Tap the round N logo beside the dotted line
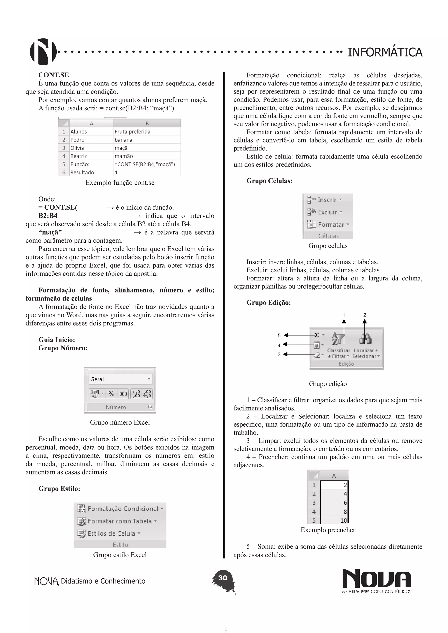pyautogui.click(x=43, y=52)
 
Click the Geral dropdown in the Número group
pyautogui.click(x=120, y=379)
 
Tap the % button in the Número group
pyautogui.click(x=111, y=394)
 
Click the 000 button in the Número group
pyautogui.click(x=123, y=394)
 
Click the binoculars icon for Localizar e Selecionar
pyautogui.click(x=365, y=339)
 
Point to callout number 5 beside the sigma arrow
pyautogui.click(x=279, y=336)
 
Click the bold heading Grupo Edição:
pyautogui.click(x=268, y=303)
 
